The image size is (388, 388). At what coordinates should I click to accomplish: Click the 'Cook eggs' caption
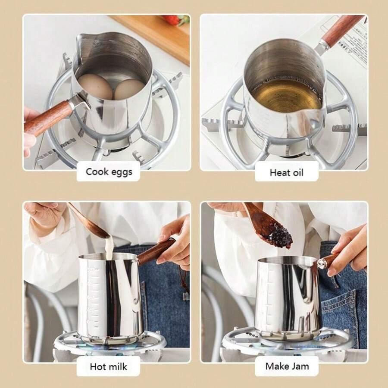click(x=109, y=172)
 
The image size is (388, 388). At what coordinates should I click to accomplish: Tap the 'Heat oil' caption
click(x=286, y=172)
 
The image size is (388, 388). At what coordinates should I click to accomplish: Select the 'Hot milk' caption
click(x=108, y=366)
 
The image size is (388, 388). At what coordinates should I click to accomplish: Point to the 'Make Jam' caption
click(x=287, y=366)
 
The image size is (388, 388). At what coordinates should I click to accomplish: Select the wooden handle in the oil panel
click(x=343, y=30)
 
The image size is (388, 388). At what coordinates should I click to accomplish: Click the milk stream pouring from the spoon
click(x=109, y=247)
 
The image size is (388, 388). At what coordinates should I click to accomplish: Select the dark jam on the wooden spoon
click(x=280, y=238)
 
